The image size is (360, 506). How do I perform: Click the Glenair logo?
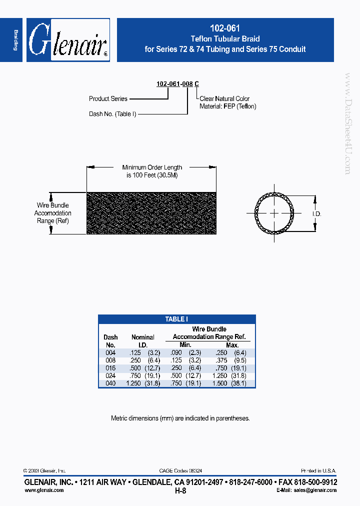pos(68,40)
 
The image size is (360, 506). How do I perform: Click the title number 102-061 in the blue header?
pos(225,29)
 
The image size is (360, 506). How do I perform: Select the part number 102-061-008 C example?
pos(177,84)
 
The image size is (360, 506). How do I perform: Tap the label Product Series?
pos(108,98)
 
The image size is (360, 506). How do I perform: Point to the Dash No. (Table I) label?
pos(112,114)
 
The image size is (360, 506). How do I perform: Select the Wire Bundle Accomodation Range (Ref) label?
pos(53,213)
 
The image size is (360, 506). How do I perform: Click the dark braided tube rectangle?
pos(151,213)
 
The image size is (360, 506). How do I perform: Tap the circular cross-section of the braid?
pos(274,213)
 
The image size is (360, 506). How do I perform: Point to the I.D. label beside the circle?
pos(316,214)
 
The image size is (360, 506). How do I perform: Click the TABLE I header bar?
pos(176,319)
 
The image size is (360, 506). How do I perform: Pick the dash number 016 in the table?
pos(110,368)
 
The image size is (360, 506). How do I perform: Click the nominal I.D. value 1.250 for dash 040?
pos(133,383)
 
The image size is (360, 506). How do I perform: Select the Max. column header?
pos(232,345)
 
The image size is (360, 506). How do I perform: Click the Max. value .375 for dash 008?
pos(221,360)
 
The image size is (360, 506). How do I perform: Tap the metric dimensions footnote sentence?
pos(180,418)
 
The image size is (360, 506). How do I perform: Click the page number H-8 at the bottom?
pos(180,491)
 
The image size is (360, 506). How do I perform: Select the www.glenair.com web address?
pos(44,490)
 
